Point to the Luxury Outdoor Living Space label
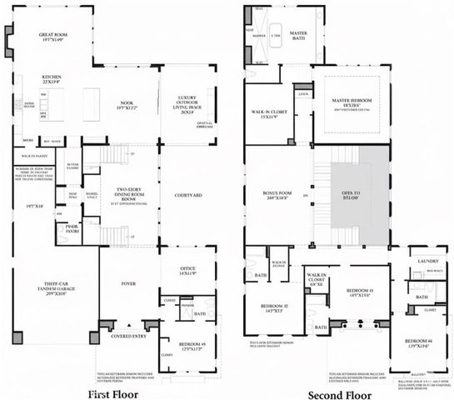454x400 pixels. coord(185,105)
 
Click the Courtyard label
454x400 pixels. coord(184,197)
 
